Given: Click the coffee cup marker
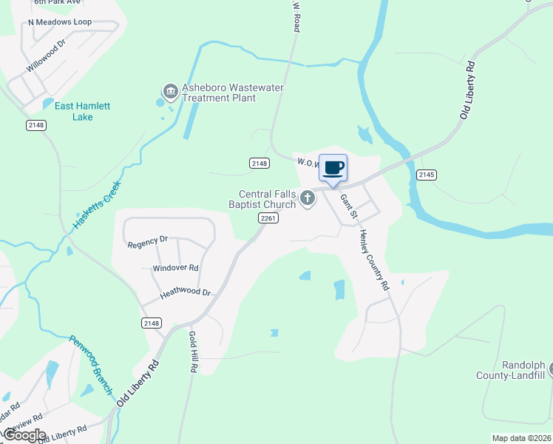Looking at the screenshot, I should point(333,167).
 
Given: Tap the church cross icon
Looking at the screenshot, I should point(308,198).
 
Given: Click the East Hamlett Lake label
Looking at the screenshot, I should point(82,111).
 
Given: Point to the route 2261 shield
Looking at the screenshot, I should point(268,218).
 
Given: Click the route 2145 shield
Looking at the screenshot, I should point(425,175).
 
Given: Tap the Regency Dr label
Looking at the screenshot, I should point(148,243).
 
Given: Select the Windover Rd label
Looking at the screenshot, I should point(175,267).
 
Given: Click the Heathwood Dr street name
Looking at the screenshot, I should point(186,292).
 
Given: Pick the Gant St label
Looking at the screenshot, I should point(349,206).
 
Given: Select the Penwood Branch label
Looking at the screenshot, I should point(91,365).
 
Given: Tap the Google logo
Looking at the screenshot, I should point(24,435).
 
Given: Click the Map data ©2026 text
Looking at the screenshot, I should point(520,438).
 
